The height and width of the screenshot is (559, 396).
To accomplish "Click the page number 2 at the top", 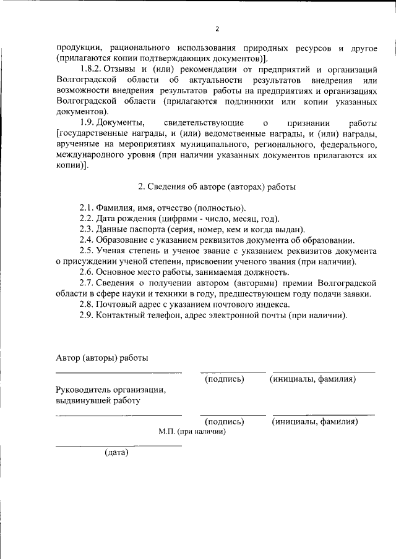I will coord(217,28).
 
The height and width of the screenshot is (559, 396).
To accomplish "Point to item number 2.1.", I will coord(87,208).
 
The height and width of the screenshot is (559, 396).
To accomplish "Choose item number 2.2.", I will coord(87,219).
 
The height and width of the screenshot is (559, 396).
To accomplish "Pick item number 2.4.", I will coord(87,240).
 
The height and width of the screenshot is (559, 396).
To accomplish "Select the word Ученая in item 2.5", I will coord(118,251).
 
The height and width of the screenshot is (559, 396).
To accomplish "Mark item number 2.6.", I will coord(87,272).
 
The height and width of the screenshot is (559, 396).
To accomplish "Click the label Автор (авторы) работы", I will coord(101,358).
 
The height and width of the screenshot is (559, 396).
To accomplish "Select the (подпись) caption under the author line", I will coord(224,379).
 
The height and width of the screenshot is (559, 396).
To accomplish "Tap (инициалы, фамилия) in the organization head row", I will coord(315,422).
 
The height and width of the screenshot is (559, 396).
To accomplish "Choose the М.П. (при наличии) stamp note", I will coord(192,432).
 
